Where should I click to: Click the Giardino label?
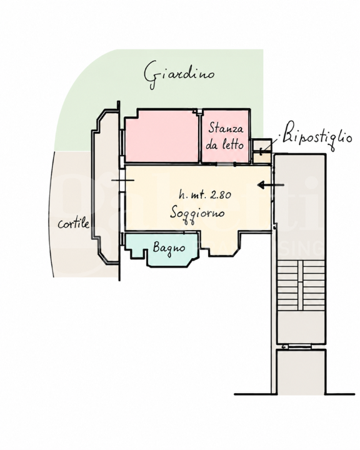[179, 74]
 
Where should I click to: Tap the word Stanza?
[226, 127]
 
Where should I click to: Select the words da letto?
[225, 144]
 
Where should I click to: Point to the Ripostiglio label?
[317, 136]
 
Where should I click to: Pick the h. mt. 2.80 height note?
[205, 195]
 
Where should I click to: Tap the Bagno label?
[169, 247]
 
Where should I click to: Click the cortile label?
[74, 223]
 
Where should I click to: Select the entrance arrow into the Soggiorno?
[271, 185]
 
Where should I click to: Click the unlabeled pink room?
[162, 137]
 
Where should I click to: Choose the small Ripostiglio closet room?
[261, 151]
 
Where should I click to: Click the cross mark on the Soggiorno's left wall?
[122, 180]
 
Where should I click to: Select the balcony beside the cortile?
[105, 186]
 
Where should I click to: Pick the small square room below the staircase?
[301, 372]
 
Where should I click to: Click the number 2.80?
[221, 195]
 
